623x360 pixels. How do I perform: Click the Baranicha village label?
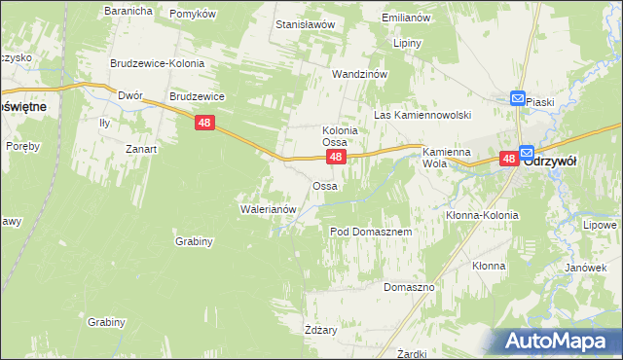(x=128, y=12)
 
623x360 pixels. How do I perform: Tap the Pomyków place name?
(x=192, y=14)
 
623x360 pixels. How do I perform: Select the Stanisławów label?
(x=306, y=22)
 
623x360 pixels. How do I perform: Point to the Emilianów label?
(x=406, y=18)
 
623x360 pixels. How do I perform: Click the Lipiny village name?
(x=407, y=44)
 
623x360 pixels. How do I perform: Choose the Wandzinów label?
(x=360, y=74)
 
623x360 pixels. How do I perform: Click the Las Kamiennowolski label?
(x=422, y=115)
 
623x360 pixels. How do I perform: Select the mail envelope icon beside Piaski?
(x=518, y=98)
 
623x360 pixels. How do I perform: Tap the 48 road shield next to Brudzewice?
(x=203, y=123)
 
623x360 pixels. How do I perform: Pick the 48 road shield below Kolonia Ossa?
(x=335, y=157)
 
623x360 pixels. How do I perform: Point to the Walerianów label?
(x=267, y=208)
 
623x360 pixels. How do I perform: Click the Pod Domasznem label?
(x=371, y=233)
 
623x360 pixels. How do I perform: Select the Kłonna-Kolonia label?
(x=482, y=215)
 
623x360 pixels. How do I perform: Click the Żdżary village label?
(x=320, y=330)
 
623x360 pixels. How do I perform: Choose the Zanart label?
(x=141, y=149)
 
